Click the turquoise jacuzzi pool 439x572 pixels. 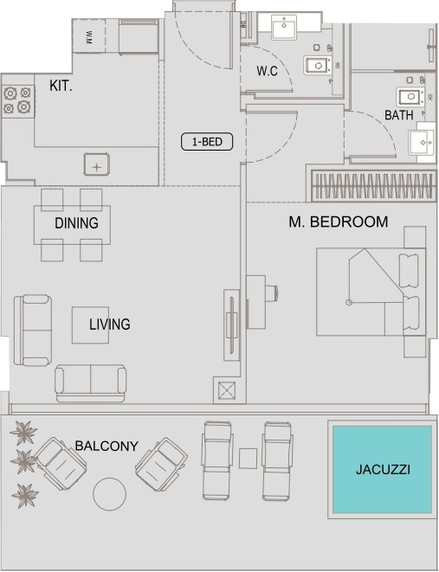tap(382, 470)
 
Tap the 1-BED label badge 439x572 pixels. tap(207, 142)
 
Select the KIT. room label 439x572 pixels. tap(61, 86)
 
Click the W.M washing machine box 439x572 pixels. tap(88, 36)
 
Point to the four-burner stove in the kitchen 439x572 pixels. tap(17, 100)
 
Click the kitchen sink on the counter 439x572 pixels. tap(97, 164)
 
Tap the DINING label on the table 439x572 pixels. tap(76, 223)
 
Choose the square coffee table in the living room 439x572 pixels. tap(90, 325)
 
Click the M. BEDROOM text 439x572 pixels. tap(339, 222)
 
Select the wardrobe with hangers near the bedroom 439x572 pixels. tap(374, 186)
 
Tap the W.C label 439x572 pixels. tap(267, 71)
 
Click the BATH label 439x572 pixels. tap(399, 115)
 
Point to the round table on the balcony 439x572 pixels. tap(109, 494)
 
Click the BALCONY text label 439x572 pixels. tap(107, 446)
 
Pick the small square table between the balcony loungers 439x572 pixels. tap(248, 459)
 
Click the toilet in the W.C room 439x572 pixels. tap(318, 66)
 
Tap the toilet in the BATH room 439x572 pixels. tap(410, 97)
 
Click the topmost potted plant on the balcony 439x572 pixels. tap(24, 433)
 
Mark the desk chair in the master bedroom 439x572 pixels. tap(272, 293)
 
